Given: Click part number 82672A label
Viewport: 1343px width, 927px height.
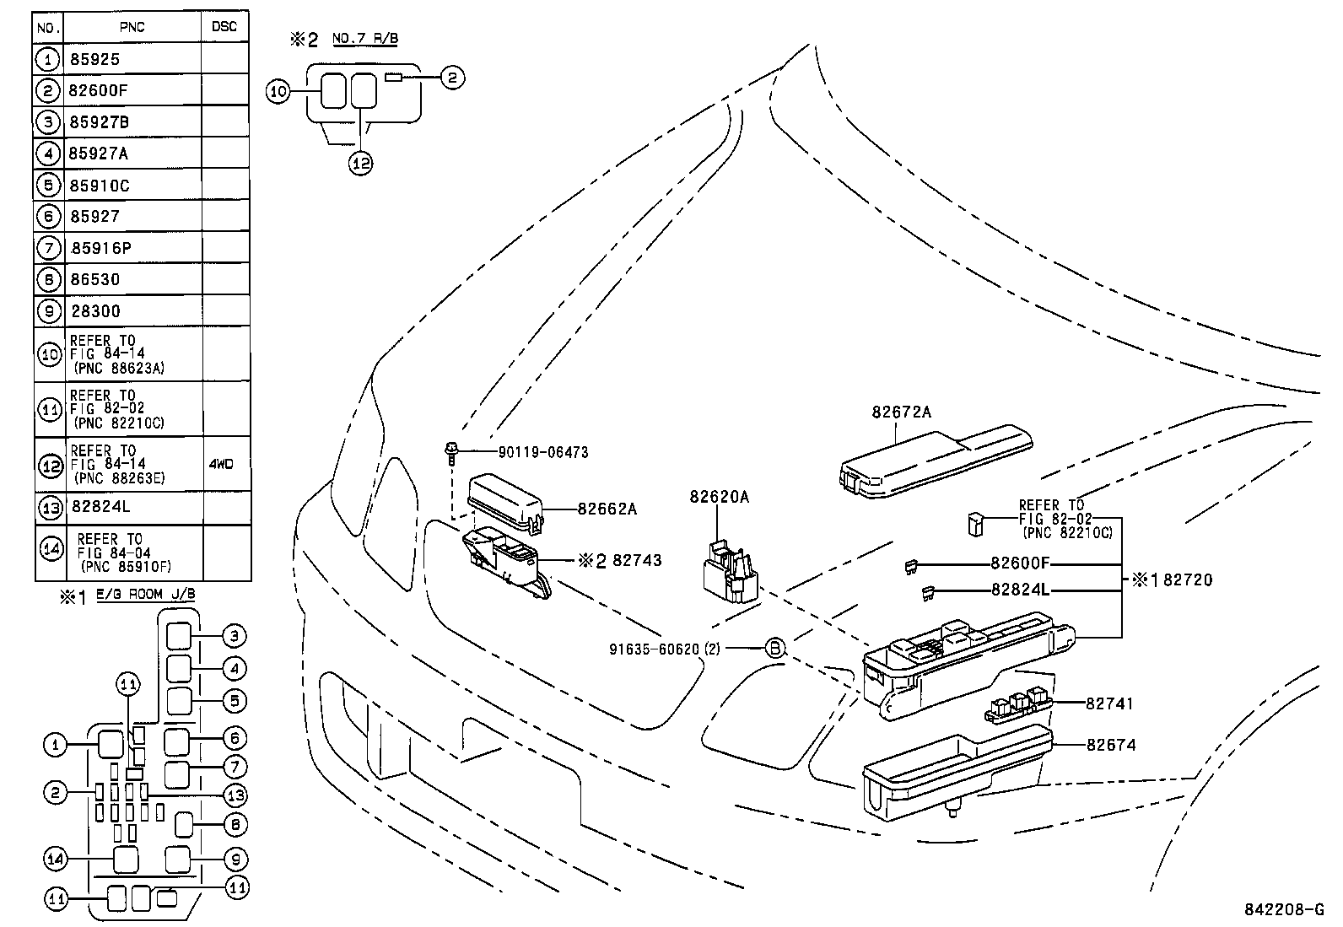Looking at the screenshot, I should (x=901, y=412).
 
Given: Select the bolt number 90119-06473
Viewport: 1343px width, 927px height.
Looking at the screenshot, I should (x=542, y=452).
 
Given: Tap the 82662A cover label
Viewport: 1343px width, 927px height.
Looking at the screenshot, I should (x=607, y=509).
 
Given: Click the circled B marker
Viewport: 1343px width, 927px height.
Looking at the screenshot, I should (x=774, y=648).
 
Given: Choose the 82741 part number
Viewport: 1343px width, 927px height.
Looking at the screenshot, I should (x=1110, y=703).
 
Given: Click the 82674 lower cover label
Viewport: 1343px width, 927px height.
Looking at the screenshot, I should (x=1111, y=745).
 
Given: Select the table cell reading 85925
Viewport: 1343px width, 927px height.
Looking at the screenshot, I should (x=95, y=59).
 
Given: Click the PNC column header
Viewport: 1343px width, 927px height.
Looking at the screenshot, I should (x=132, y=27).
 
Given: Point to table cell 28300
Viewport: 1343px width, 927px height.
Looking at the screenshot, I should (x=95, y=311).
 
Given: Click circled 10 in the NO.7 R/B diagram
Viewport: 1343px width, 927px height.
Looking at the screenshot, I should (x=278, y=92).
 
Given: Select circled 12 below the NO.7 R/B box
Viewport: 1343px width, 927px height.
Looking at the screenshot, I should (x=360, y=163).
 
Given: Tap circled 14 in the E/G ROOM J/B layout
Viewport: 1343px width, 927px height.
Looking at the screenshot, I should (x=56, y=859).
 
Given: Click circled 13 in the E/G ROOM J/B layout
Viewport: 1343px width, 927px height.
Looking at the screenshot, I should (x=235, y=795).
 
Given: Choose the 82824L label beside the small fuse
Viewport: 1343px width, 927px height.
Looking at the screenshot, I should (x=1020, y=590).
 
